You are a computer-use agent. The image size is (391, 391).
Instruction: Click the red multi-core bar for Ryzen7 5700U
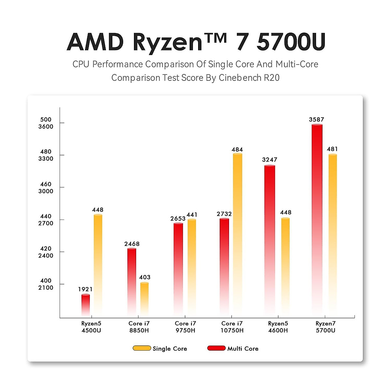click(317, 218)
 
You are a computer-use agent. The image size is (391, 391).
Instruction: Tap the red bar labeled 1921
click(86, 305)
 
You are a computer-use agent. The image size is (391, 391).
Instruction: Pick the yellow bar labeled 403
click(144, 298)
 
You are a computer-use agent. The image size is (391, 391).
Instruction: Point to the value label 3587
click(316, 120)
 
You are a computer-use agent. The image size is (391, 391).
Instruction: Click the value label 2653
click(178, 219)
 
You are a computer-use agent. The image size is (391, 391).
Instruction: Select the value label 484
click(237, 150)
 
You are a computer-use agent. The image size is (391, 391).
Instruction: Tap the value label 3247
click(269, 160)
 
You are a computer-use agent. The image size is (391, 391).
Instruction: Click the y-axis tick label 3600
click(46, 127)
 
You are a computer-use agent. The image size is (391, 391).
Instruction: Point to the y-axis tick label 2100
click(46, 288)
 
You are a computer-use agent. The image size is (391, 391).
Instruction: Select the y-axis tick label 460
click(46, 184)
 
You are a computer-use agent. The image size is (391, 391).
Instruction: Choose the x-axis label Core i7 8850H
click(139, 327)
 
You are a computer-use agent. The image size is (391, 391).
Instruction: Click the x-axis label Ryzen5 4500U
click(91, 327)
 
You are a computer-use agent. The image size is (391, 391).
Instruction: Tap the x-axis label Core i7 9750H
click(185, 327)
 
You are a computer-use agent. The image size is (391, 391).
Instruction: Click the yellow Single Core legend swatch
click(142, 348)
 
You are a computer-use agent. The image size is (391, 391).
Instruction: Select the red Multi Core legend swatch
click(216, 348)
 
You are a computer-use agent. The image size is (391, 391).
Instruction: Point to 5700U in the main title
click(291, 42)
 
